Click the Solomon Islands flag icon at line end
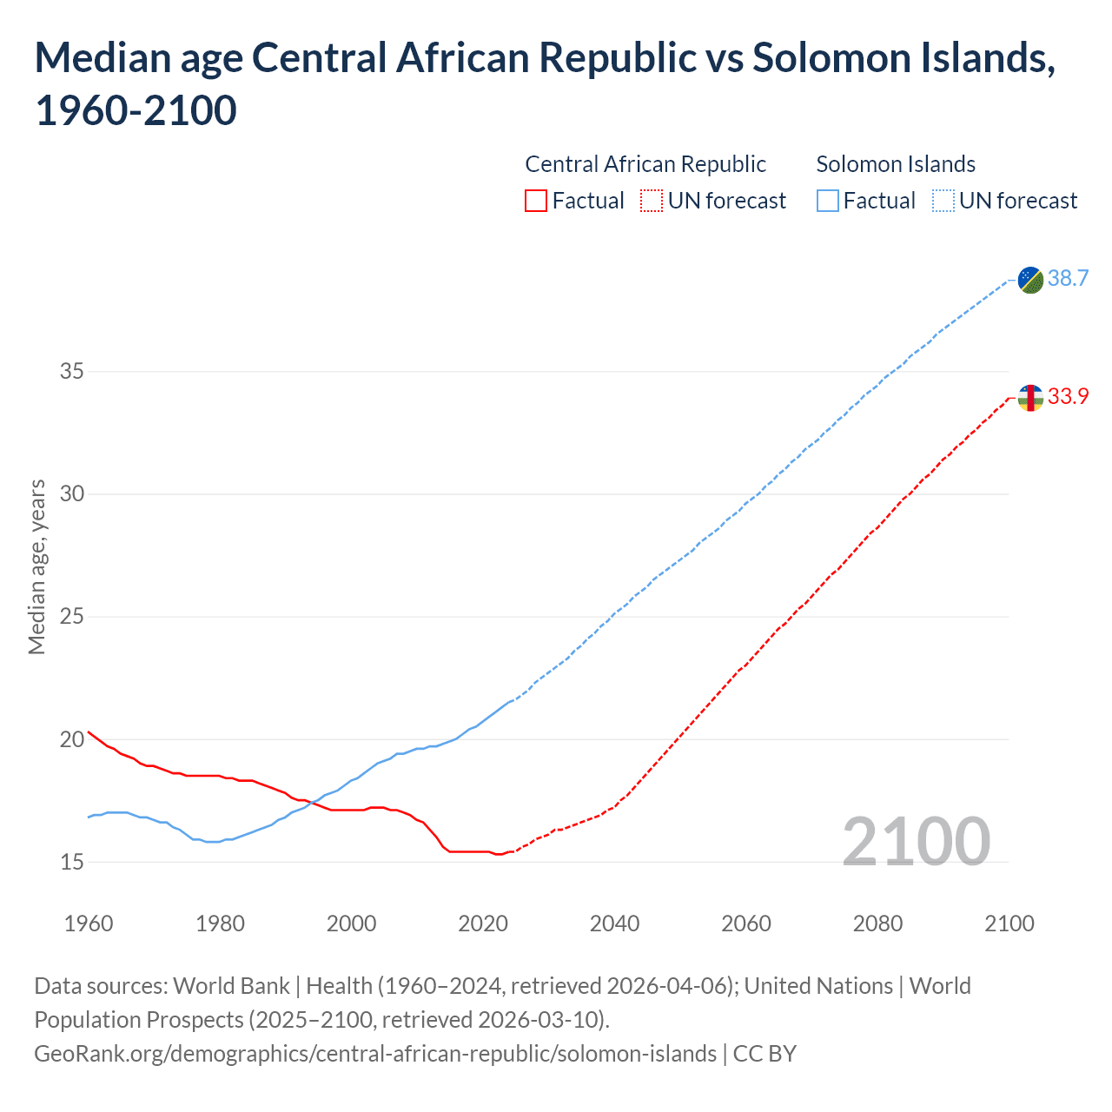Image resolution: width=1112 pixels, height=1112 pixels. pyautogui.click(x=1030, y=280)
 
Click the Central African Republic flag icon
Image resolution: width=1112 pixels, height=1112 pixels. pyautogui.click(x=1030, y=398)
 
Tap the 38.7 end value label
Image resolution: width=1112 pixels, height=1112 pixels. pyautogui.click(x=1068, y=279)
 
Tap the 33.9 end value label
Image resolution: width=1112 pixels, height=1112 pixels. pyautogui.click(x=1068, y=397)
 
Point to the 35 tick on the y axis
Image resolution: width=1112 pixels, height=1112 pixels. pyautogui.click(x=72, y=372)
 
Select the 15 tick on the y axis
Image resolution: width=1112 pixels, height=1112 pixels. pyautogui.click(x=72, y=863)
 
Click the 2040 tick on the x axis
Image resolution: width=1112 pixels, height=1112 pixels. pyautogui.click(x=614, y=923)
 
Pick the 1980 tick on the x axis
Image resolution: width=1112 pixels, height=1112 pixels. pyautogui.click(x=220, y=923)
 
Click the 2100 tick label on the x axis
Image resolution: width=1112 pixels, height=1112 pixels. pyautogui.click(x=1009, y=923)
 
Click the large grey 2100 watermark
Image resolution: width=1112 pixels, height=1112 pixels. pyautogui.click(x=916, y=842)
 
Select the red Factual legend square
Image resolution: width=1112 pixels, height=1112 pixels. pyautogui.click(x=536, y=202)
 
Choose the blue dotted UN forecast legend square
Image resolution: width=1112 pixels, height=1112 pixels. pyautogui.click(x=943, y=202)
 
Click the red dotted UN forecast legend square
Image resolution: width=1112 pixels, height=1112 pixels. pyautogui.click(x=652, y=202)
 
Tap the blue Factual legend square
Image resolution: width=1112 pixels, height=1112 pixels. pyautogui.click(x=827, y=202)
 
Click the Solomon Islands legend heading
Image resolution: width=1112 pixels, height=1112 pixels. pyautogui.click(x=896, y=164)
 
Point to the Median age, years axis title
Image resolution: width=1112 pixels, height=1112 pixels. pyautogui.click(x=36, y=566)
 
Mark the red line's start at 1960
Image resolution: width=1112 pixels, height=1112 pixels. pyautogui.click(x=89, y=731)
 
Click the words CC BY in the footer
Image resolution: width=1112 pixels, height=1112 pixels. pyautogui.click(x=764, y=1054)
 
